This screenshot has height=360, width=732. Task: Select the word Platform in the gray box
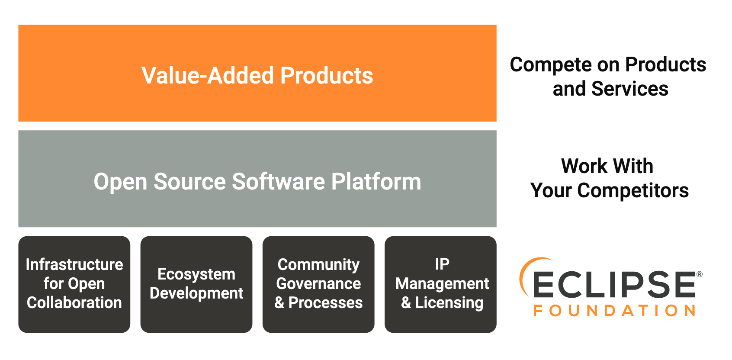(x=376, y=181)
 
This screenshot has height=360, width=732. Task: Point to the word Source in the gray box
(x=189, y=181)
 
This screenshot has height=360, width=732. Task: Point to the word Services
(x=629, y=89)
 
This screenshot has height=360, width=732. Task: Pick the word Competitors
(x=632, y=191)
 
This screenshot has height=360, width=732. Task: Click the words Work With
(x=607, y=166)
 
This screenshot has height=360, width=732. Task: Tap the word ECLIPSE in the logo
(x=614, y=285)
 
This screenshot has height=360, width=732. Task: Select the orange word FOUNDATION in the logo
(x=614, y=311)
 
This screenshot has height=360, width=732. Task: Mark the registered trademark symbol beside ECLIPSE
(x=699, y=274)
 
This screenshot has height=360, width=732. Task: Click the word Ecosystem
(x=196, y=274)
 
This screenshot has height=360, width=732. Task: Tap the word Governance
(x=318, y=284)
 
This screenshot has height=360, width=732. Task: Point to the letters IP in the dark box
(x=442, y=264)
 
